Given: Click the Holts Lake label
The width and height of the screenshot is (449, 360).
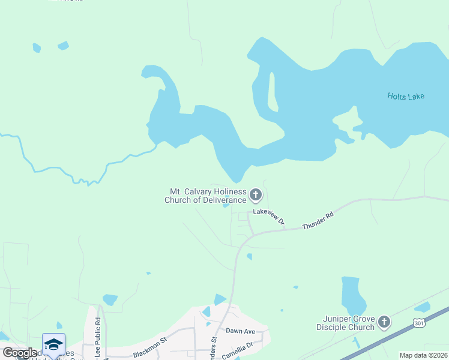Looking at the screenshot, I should (x=406, y=96).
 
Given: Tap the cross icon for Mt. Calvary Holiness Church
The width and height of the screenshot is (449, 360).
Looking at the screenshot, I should (x=256, y=194).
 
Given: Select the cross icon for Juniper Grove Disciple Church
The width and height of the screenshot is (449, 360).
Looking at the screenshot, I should (x=384, y=323).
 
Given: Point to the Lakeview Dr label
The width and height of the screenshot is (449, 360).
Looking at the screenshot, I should (x=268, y=215).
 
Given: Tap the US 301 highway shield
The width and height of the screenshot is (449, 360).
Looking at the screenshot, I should (x=419, y=323).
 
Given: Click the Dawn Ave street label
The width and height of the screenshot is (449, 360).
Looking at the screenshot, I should (x=241, y=331).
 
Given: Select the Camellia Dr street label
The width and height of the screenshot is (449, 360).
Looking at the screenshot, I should (x=242, y=346).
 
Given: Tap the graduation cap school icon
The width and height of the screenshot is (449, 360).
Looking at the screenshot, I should (x=53, y=344).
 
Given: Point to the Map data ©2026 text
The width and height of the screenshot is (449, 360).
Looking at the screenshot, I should (x=423, y=355).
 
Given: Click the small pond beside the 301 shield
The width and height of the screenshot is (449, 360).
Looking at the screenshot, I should (x=422, y=308).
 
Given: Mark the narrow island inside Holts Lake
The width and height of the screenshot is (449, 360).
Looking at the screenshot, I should (x=273, y=93).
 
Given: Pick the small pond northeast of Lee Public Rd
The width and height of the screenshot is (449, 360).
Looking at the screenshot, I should (x=110, y=299).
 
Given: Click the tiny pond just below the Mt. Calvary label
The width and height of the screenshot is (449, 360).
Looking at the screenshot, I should (x=226, y=205).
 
